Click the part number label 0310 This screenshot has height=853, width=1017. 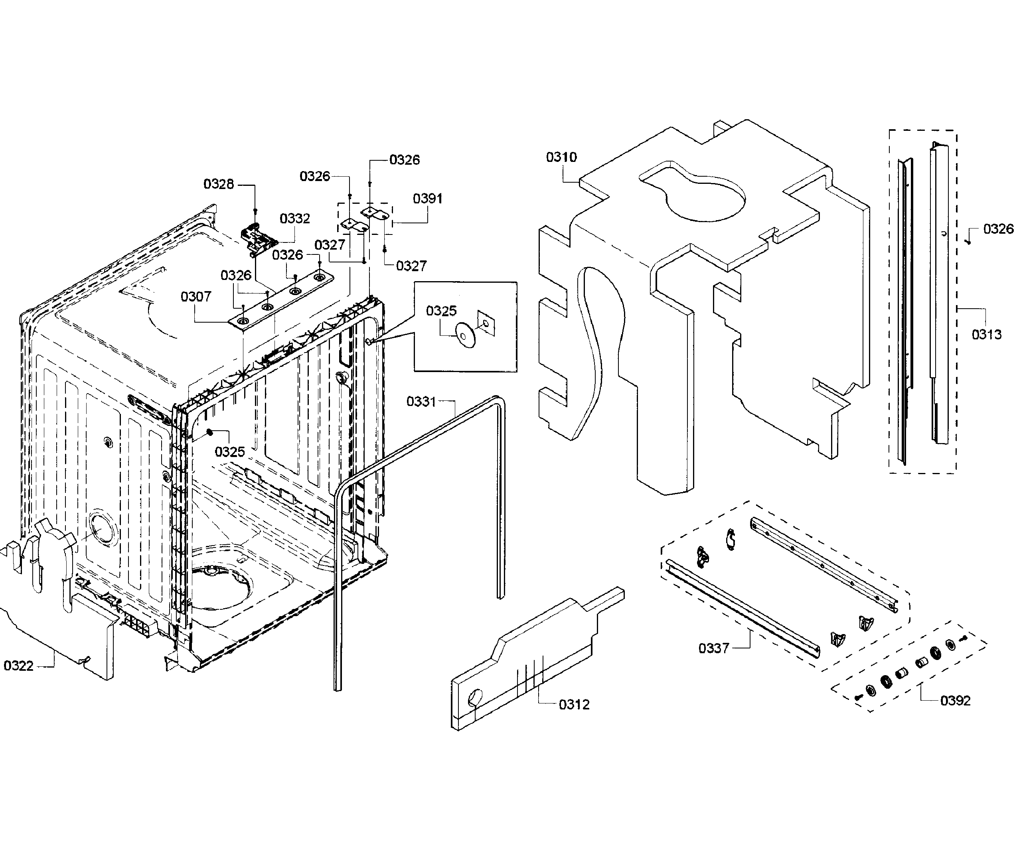pos(561,158)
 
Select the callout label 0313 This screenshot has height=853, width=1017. pos(987,335)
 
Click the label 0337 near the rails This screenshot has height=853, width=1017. pos(713,648)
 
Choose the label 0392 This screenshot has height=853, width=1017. pos(955,701)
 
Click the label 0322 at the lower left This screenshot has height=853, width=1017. pos(18,666)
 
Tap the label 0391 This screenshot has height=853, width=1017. pos(428,199)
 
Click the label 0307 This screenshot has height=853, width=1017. pos(196,296)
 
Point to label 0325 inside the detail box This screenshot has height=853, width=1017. pos(441,311)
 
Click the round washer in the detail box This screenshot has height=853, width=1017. pos(465,335)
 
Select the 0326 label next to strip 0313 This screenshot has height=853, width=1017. pos(998,229)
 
